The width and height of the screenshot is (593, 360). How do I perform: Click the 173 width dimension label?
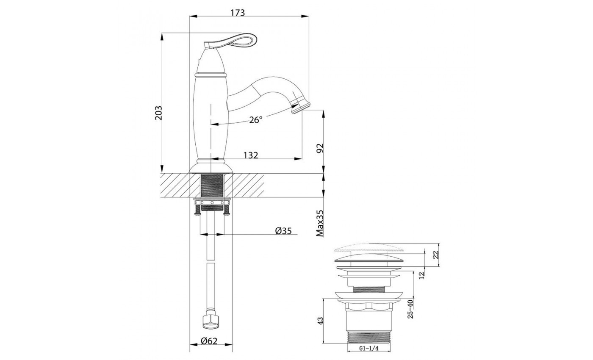(x=238, y=12)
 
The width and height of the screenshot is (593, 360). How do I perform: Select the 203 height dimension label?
(x=158, y=113)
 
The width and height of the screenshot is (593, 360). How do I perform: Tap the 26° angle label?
(x=256, y=119)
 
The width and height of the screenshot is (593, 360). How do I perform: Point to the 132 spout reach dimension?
(x=250, y=155)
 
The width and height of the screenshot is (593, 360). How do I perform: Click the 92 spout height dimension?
(x=320, y=148)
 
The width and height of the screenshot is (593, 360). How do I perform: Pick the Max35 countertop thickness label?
(x=320, y=223)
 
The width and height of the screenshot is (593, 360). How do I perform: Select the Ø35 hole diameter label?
(x=283, y=231)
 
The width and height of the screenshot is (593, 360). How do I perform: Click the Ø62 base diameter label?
(x=209, y=341)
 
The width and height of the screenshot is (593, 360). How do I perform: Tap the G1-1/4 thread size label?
(x=369, y=348)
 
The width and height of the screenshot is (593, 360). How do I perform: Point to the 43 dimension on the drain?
(x=320, y=321)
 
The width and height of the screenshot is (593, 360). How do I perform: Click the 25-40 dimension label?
(x=410, y=309)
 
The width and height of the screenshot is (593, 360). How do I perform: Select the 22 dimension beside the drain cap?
(x=436, y=255)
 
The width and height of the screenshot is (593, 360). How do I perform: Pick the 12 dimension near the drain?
(x=422, y=275)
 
